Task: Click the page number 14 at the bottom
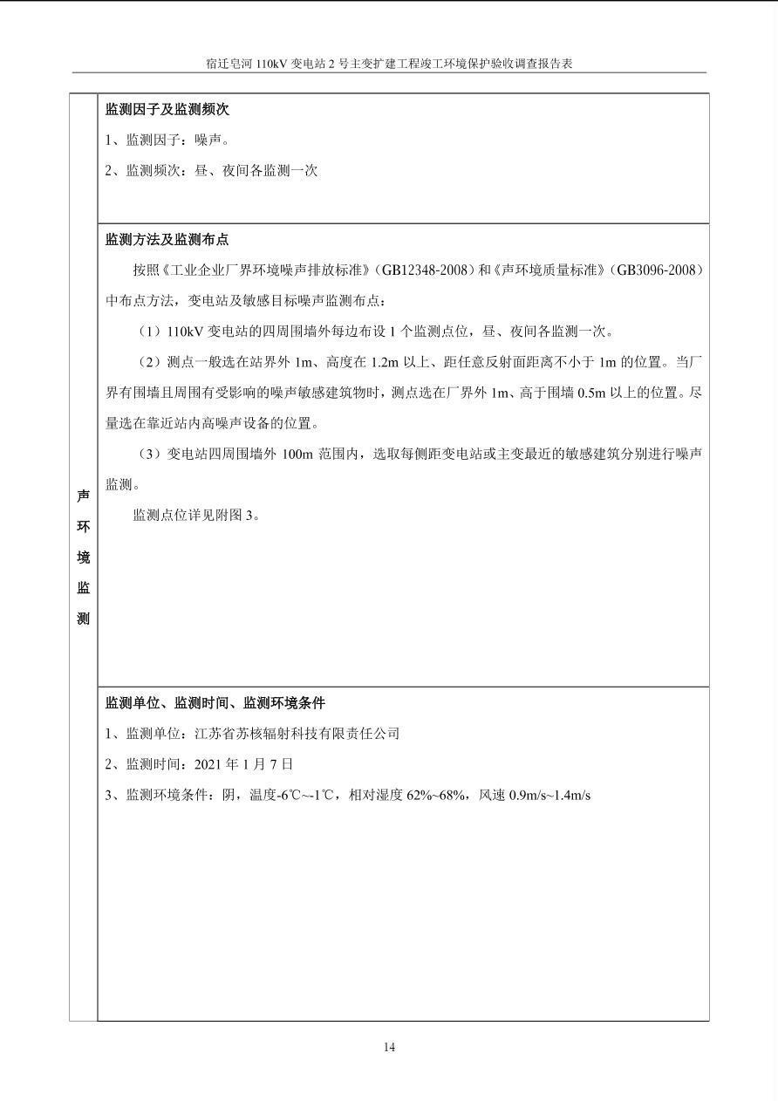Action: [x=389, y=1047]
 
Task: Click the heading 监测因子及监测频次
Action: [x=167, y=109]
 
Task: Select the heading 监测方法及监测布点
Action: [x=167, y=239]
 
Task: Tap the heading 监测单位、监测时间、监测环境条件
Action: [x=215, y=702]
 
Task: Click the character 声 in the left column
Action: [x=83, y=496]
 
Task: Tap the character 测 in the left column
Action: [x=83, y=619]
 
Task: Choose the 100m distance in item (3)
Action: [x=297, y=454]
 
